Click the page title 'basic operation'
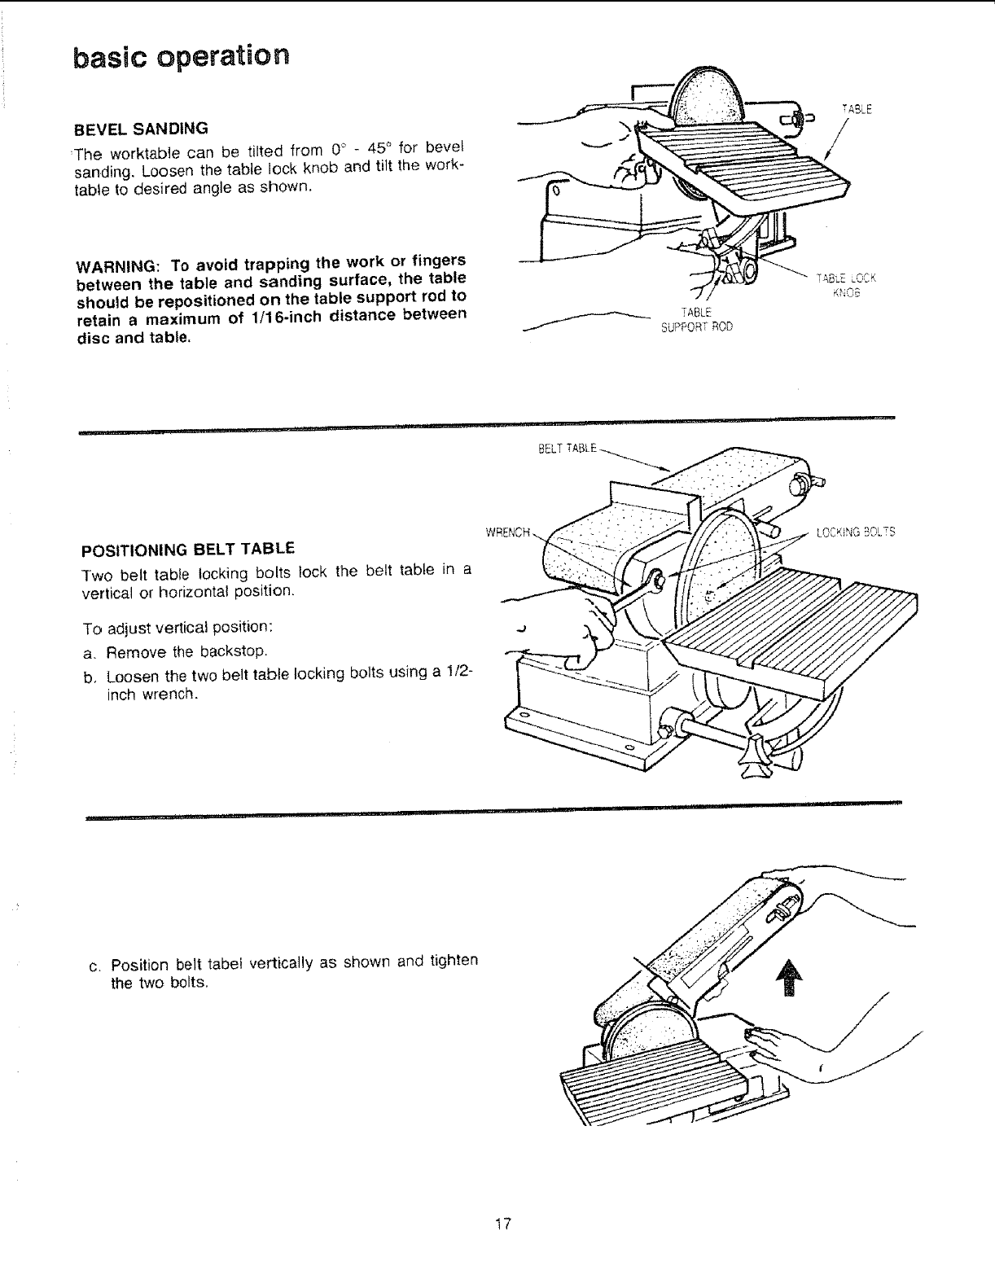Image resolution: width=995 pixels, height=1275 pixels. [180, 57]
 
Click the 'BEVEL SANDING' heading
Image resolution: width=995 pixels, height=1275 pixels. [142, 129]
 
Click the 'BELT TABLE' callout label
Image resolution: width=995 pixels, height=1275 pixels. [568, 448]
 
